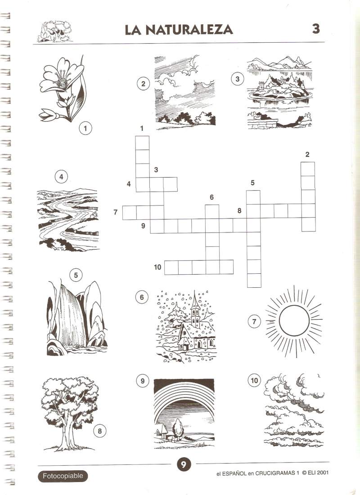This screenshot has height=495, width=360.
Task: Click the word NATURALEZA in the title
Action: [189, 30]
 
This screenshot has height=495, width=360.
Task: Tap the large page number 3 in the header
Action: [316, 29]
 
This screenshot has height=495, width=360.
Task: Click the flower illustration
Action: [62, 89]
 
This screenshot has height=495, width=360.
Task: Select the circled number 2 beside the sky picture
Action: [143, 84]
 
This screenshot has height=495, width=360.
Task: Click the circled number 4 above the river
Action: [61, 177]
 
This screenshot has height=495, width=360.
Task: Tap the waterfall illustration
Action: [77, 319]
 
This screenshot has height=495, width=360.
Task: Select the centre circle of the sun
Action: [294, 321]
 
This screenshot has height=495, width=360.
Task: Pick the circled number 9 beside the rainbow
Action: [143, 381]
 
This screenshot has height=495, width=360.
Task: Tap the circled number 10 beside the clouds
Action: [254, 380]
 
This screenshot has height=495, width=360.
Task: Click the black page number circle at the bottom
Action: [184, 464]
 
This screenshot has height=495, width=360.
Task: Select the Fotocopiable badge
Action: [63, 476]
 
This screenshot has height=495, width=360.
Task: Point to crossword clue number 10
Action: [157, 268]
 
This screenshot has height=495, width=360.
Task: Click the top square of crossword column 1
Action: [142, 143]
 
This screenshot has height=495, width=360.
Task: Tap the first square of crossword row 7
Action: [129, 213]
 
